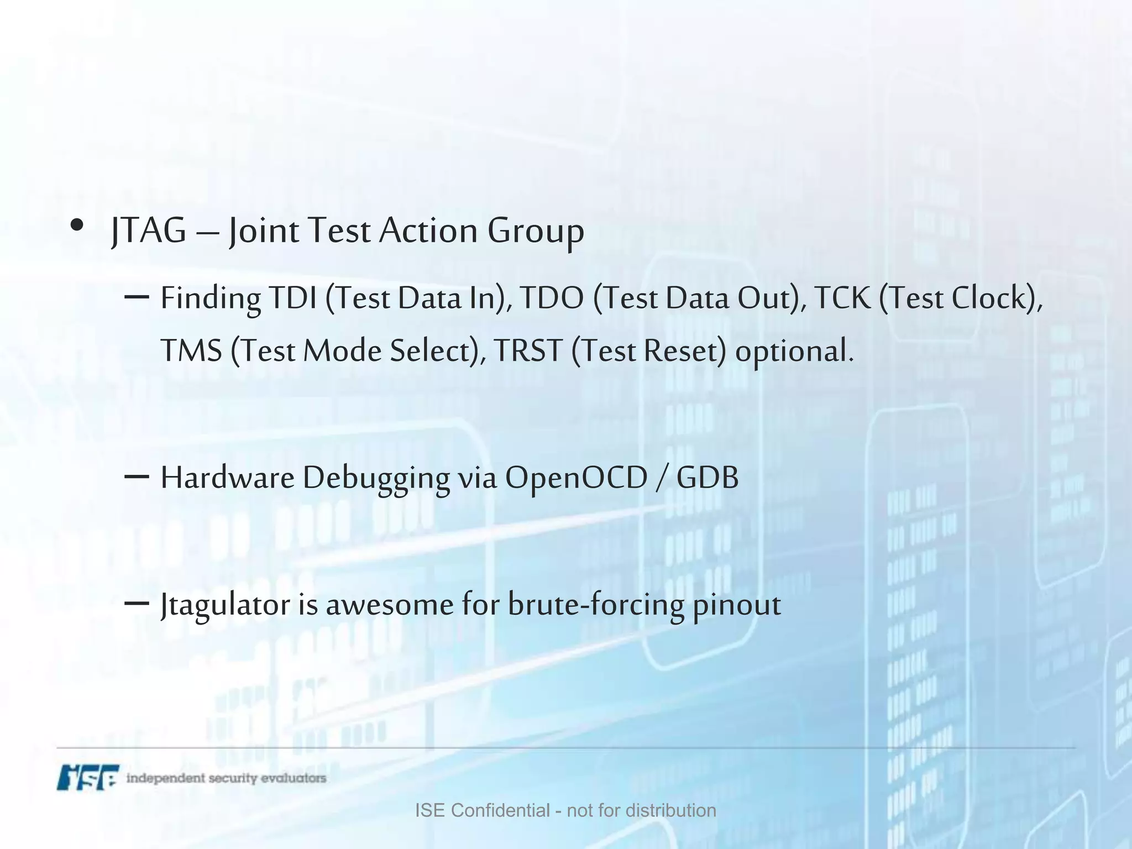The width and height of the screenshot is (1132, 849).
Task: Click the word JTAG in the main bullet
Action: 148,230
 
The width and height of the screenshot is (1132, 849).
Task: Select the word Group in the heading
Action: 535,232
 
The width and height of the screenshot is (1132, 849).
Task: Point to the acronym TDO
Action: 552,298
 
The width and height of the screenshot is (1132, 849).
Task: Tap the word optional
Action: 794,352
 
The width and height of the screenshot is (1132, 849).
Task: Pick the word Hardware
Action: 227,478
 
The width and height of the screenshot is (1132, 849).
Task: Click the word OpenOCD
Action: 575,479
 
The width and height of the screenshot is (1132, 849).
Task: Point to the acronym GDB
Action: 707,478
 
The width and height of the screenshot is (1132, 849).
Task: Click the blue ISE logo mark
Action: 88,777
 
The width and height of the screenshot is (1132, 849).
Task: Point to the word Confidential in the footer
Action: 500,810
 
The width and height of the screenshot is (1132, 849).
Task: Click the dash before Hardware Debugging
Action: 137,476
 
